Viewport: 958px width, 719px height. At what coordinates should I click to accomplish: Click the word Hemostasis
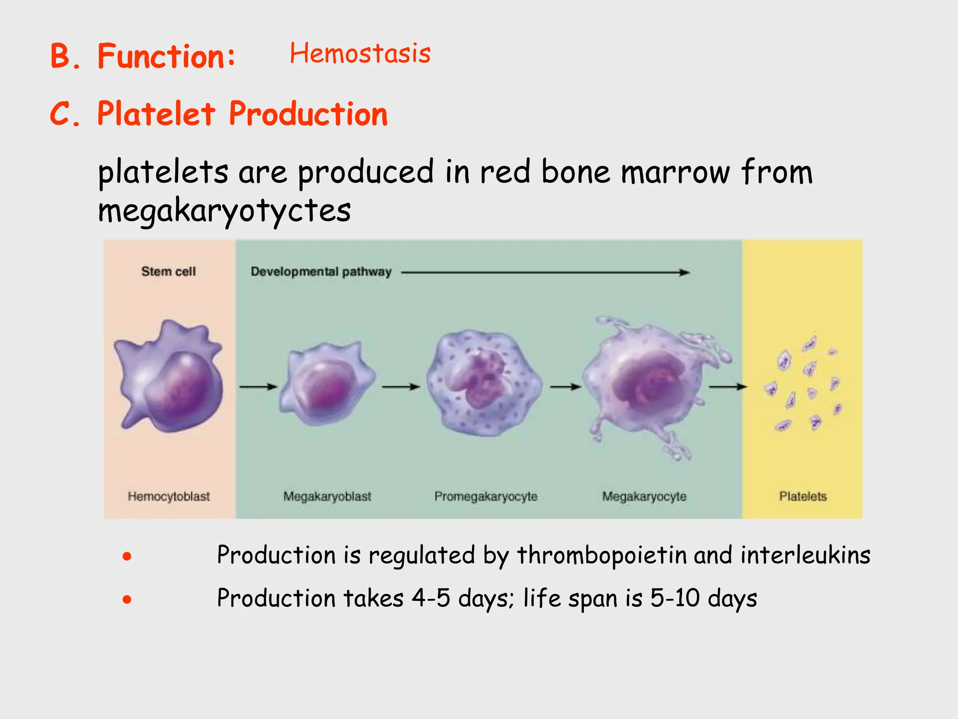coord(360,53)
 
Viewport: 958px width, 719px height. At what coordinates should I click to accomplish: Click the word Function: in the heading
coord(166,57)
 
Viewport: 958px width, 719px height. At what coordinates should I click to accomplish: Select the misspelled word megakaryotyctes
coord(224,211)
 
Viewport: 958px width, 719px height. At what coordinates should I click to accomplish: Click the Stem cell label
coord(168,271)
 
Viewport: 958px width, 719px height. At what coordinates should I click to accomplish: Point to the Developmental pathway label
coord(321,271)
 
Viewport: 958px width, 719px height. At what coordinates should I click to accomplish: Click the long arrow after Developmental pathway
coord(545,272)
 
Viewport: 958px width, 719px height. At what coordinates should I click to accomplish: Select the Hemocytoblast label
coord(169,496)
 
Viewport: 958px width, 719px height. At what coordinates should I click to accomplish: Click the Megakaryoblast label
coord(327,496)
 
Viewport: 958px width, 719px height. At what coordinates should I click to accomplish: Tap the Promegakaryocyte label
coord(486,496)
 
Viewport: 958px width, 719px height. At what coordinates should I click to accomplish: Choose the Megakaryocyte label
coord(644,496)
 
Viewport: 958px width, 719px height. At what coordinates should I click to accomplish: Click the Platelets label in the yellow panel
coord(803,496)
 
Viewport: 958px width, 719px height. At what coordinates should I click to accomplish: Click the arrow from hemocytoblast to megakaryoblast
coord(258,387)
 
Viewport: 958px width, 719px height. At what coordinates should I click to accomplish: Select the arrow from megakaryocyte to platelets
coord(728,387)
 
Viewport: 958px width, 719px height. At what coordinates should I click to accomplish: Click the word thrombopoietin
coord(602,555)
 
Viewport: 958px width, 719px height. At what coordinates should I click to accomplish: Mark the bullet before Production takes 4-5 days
coord(127,599)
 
